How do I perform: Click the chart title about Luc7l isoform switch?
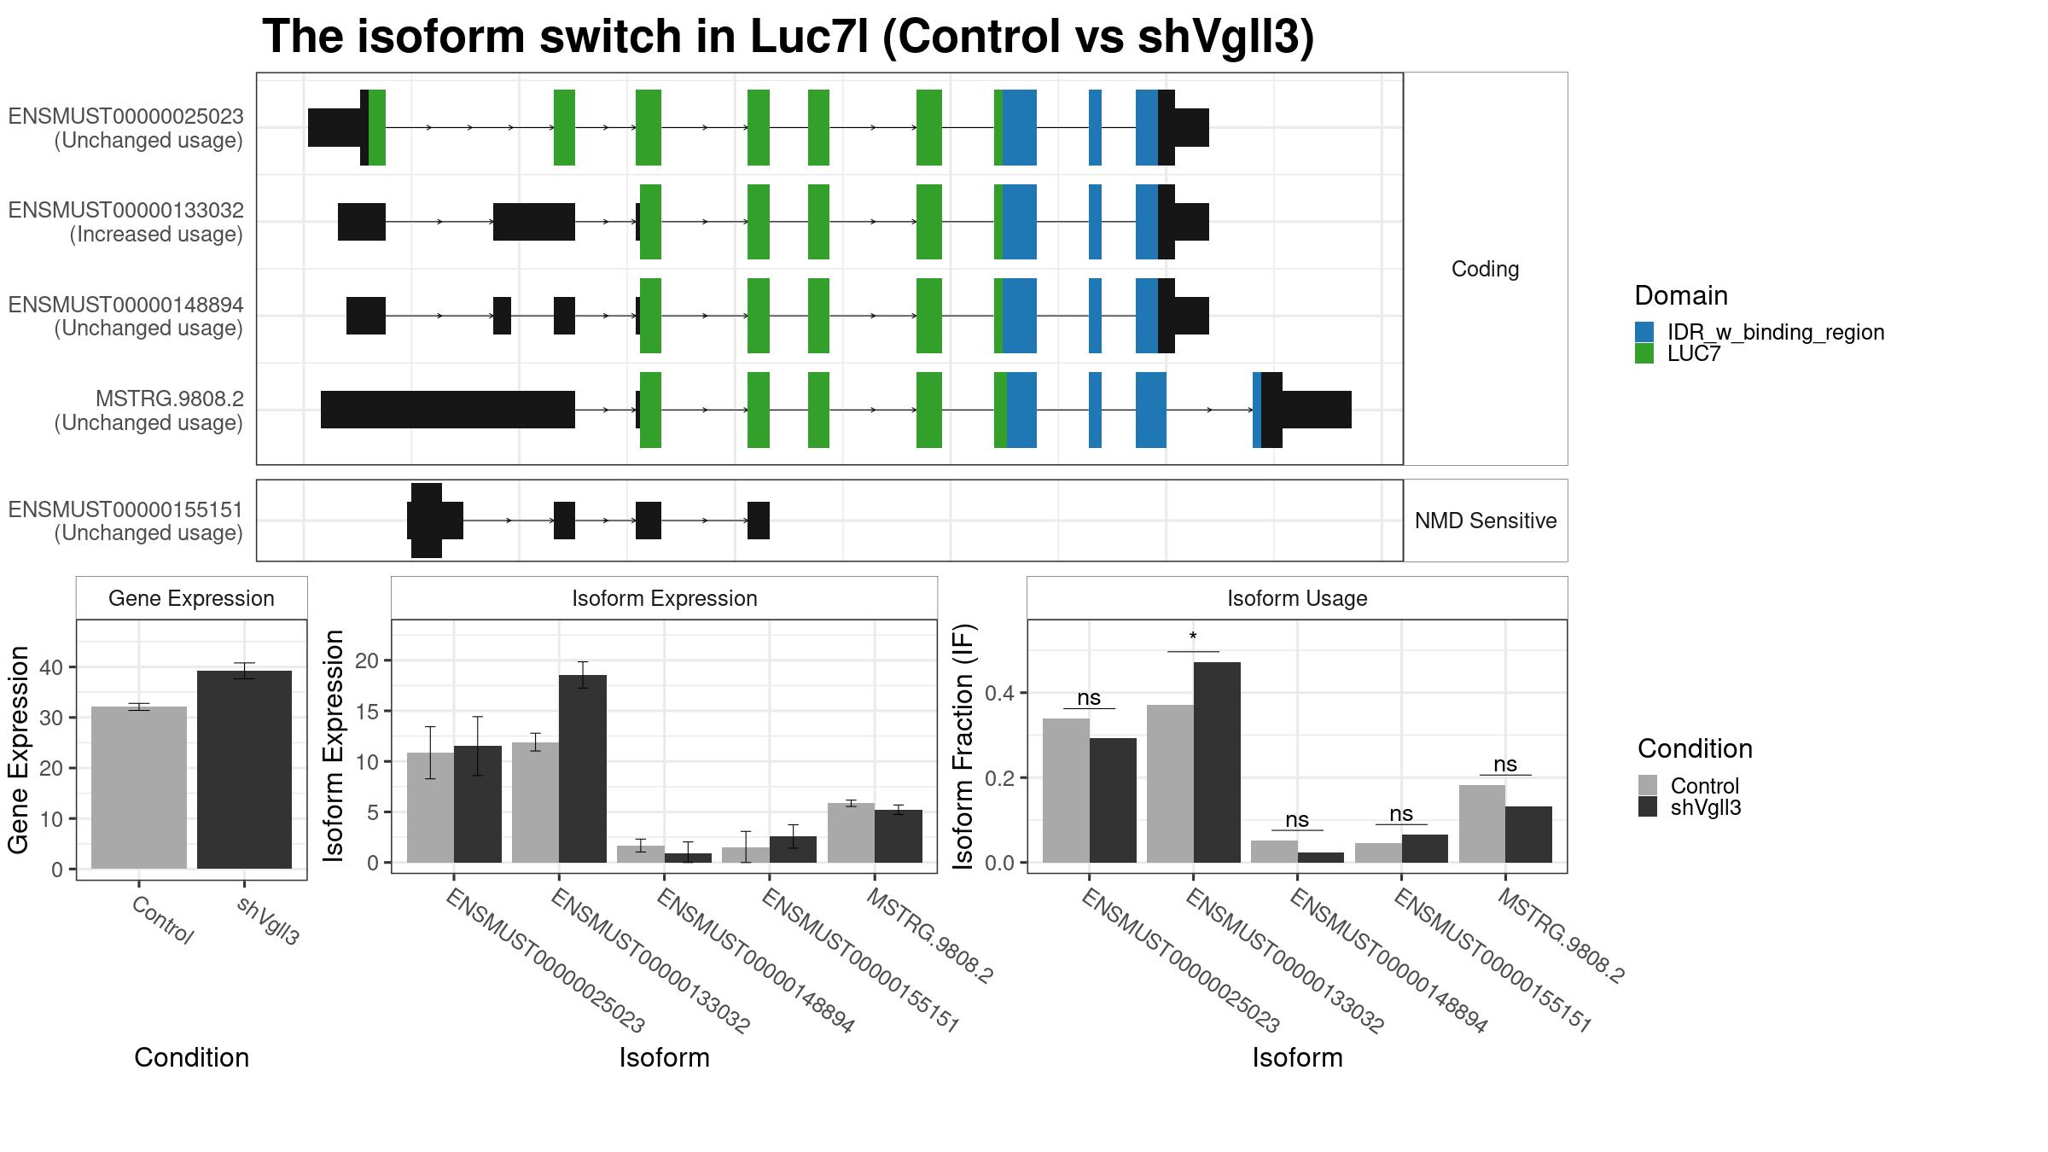tap(788, 37)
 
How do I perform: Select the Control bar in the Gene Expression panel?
tap(139, 788)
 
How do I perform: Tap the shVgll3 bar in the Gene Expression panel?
tap(244, 770)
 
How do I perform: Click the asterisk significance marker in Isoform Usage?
tap(1193, 637)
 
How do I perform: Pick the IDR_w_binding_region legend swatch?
tap(1644, 332)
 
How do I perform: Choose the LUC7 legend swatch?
tap(1644, 353)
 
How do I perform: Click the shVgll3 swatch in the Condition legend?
tap(1648, 807)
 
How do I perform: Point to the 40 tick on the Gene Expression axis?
tap(51, 667)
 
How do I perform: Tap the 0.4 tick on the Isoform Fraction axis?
tap(1000, 693)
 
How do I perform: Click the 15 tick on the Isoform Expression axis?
tap(367, 712)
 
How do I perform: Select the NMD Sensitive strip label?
tap(1486, 521)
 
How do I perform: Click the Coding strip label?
tap(1486, 269)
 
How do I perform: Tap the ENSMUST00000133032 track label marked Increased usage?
tap(126, 222)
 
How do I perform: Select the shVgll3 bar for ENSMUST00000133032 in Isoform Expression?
tap(583, 769)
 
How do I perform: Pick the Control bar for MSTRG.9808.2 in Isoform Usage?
tap(1482, 823)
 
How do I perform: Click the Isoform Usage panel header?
tap(1297, 598)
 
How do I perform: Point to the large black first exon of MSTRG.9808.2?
tap(448, 410)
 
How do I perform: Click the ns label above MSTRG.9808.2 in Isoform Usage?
tap(1505, 765)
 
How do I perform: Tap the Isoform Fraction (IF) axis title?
tap(963, 747)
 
